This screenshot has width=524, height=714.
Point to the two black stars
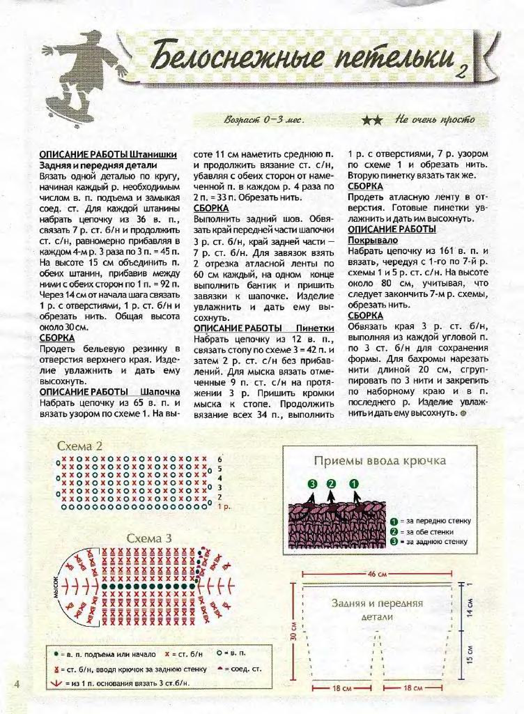tap(372, 120)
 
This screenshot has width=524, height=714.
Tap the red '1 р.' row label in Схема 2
tap(224, 507)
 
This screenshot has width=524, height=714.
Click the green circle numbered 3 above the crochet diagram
tap(312, 484)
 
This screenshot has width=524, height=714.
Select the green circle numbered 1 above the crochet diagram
tap(354, 484)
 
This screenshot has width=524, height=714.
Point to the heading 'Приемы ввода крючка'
tap(380, 461)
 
